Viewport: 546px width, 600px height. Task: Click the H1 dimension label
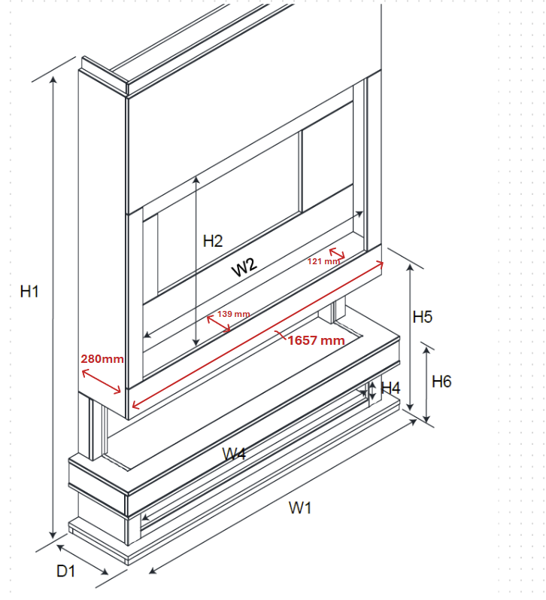tap(29, 292)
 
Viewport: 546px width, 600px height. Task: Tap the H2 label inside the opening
tap(213, 242)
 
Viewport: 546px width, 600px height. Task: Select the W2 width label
tap(244, 266)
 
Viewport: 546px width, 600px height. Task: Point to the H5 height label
tap(423, 317)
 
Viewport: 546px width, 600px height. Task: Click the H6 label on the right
tap(441, 382)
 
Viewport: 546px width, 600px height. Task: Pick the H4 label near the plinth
tap(391, 388)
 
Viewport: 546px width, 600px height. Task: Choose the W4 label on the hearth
tap(234, 455)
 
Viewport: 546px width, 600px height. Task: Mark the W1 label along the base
tap(300, 509)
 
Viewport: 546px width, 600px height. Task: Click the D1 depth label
tap(65, 571)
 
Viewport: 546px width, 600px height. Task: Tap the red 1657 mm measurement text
tap(316, 340)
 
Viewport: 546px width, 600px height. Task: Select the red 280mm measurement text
tap(102, 359)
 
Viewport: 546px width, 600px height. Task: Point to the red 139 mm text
tap(234, 314)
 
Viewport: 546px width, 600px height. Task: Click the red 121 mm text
tap(323, 261)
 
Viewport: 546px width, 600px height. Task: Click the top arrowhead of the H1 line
tap(53, 80)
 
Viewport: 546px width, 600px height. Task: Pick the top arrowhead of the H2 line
tap(196, 180)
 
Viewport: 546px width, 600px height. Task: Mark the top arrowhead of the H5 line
tap(411, 267)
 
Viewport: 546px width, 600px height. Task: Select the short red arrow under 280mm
tap(102, 381)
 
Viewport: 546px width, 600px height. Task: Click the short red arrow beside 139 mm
tap(219, 324)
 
